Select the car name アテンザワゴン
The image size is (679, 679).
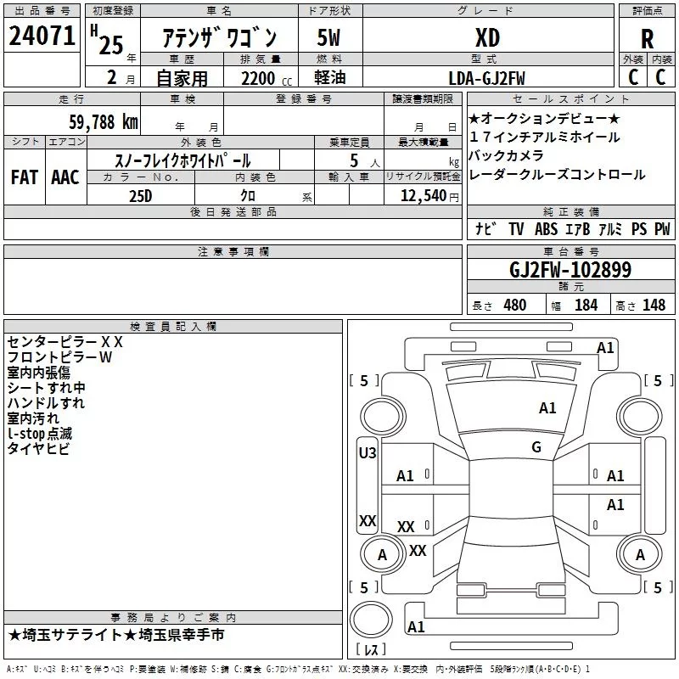pyautogui.click(x=219, y=38)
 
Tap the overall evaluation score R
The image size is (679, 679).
pyautogui.click(x=648, y=39)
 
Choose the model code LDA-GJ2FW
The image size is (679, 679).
pyautogui.click(x=486, y=78)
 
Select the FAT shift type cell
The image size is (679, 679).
pyautogui.click(x=25, y=177)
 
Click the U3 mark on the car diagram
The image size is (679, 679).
pyautogui.click(x=368, y=453)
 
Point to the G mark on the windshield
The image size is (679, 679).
pyautogui.click(x=536, y=447)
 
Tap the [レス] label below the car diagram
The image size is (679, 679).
pyautogui.click(x=370, y=651)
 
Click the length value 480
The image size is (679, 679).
pyautogui.click(x=515, y=305)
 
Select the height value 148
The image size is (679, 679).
pyautogui.click(x=654, y=305)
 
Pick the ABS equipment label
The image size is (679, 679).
pyautogui.click(x=546, y=229)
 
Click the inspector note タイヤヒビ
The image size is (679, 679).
pyautogui.click(x=38, y=449)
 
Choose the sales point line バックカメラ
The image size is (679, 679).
pyautogui.click(x=506, y=155)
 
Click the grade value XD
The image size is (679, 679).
pyautogui.click(x=487, y=38)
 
